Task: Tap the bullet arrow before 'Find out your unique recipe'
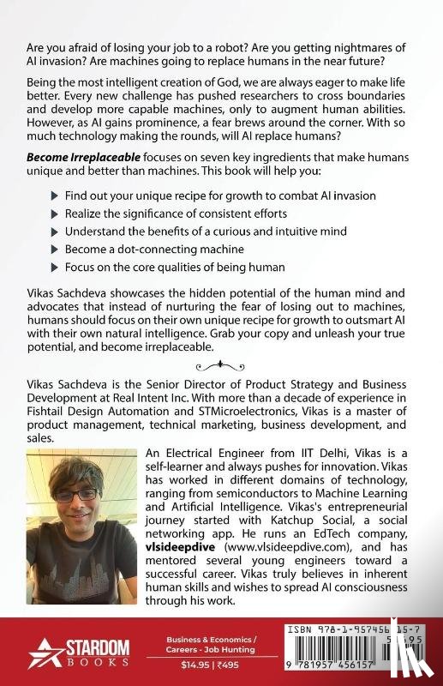[56, 196]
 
